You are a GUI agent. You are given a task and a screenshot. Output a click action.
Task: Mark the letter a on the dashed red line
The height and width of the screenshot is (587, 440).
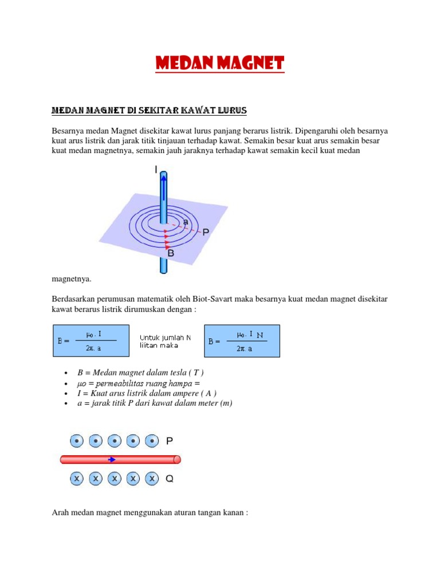click(185, 222)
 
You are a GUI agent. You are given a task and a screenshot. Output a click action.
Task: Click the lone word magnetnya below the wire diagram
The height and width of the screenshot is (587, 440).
click(72, 279)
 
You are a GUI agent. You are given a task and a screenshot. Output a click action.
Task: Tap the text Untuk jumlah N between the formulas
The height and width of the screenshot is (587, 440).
click(165, 337)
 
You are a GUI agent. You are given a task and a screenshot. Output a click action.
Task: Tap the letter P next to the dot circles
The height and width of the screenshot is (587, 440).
click(170, 441)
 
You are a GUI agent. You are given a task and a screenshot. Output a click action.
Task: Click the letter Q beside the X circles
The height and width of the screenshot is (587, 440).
click(170, 478)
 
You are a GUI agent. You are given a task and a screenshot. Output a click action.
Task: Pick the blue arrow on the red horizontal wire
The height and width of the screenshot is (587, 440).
click(113, 459)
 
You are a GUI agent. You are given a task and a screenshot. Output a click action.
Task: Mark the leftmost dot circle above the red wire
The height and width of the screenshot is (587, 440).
click(77, 441)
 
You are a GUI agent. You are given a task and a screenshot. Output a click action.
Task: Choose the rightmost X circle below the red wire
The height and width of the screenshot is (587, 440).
click(151, 478)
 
